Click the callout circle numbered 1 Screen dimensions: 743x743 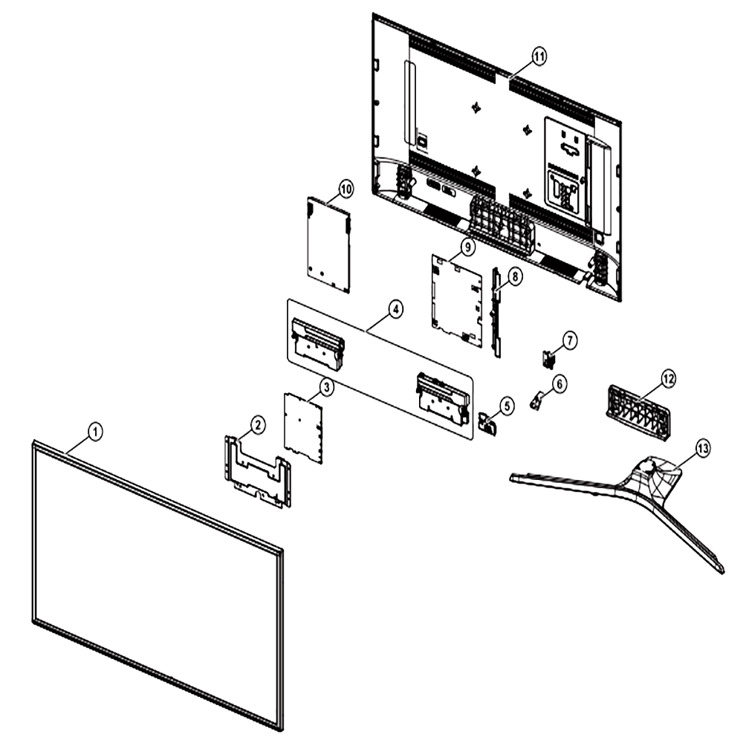pos(95,432)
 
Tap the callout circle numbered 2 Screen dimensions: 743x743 pos(257,424)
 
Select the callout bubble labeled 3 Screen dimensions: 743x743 pos(326,387)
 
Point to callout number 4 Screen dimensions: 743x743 pos(395,309)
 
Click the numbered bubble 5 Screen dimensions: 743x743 pos(507,406)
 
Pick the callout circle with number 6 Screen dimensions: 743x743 pos(559,383)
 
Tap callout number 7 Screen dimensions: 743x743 pos(569,340)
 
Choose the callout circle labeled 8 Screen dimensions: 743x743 pos(515,276)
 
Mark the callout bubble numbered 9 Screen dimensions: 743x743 pos(467,247)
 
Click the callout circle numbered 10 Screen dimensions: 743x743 pos(346,189)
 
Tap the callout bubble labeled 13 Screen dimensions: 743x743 pos(703,447)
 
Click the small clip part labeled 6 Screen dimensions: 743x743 pos(535,401)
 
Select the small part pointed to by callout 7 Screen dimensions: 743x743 pos(548,358)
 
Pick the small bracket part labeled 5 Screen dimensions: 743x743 pos(487,424)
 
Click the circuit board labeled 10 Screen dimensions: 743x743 pos(329,244)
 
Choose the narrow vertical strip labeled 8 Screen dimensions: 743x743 pos(496,312)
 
